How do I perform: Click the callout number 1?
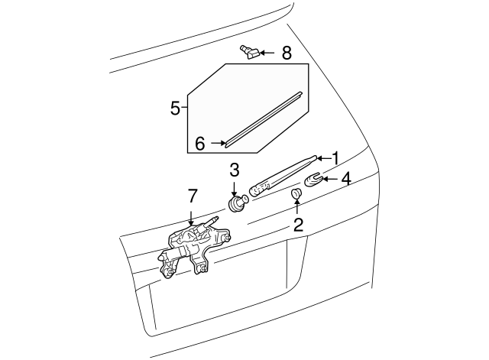point(335,158)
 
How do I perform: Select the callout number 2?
point(299,225)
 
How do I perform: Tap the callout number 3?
point(235,170)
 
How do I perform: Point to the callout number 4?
point(346,180)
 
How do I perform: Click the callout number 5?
point(176,109)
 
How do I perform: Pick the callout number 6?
point(200,144)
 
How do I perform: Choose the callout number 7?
point(193,196)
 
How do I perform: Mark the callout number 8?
point(287,53)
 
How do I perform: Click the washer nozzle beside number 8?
point(250,52)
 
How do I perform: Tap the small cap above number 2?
point(296,193)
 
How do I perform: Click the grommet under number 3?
point(238,203)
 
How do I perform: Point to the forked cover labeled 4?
point(313,180)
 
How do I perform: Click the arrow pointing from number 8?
point(267,53)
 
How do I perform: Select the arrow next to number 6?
point(219,143)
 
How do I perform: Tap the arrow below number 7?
point(191,218)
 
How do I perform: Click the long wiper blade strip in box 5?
point(264,119)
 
